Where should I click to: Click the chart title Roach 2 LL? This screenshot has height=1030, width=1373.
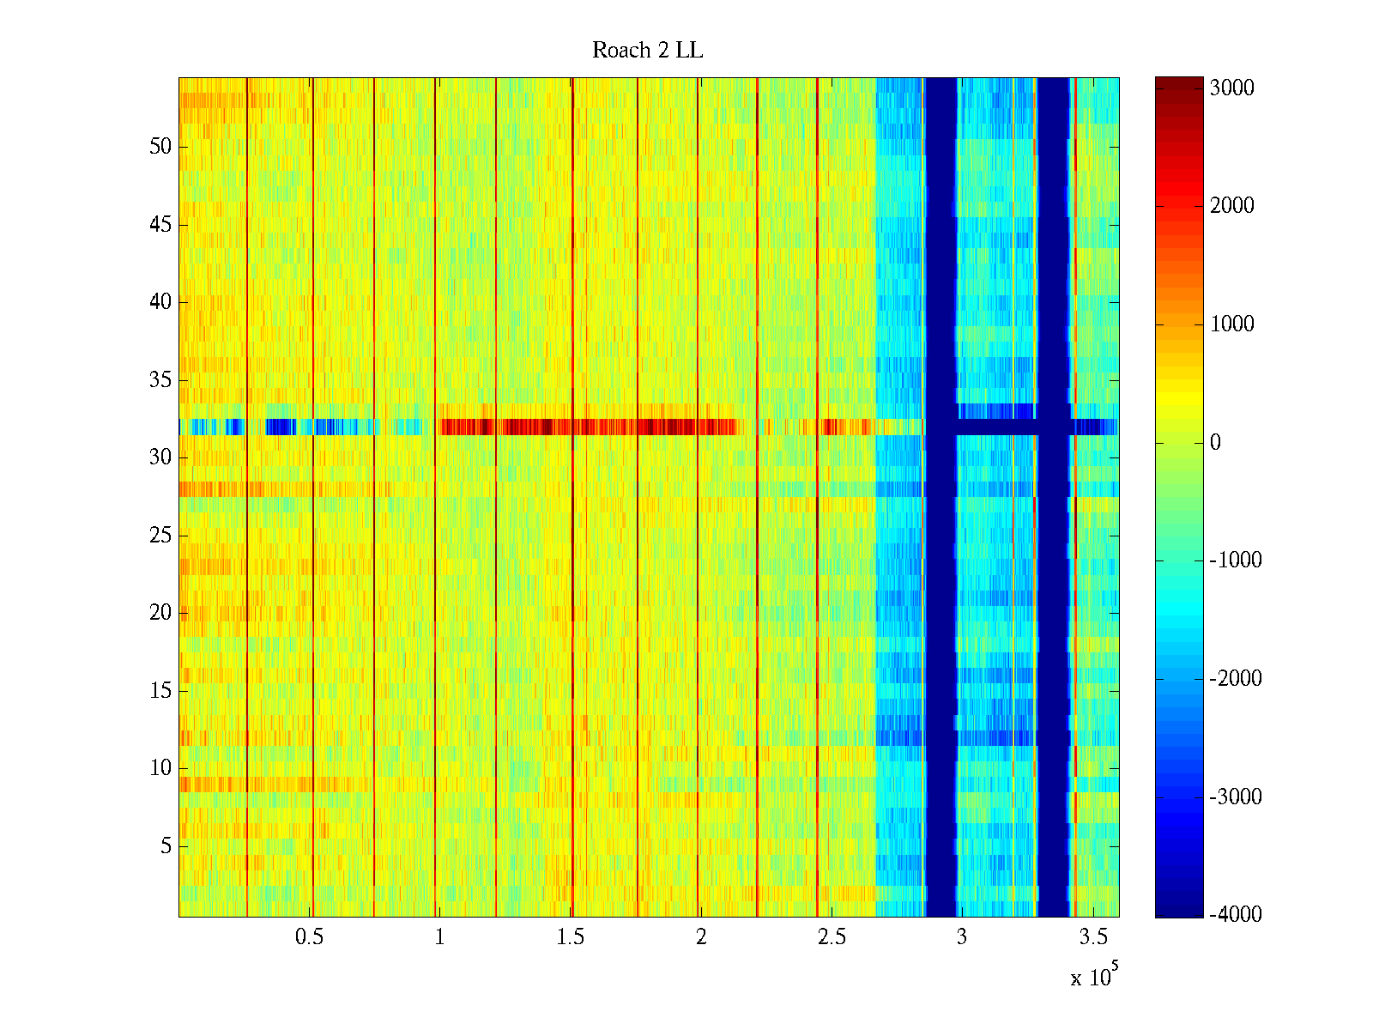(647, 51)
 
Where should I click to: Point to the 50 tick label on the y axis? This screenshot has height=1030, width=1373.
(160, 147)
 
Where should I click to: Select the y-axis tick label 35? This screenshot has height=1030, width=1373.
(160, 380)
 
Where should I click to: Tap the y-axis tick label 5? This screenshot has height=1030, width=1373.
(166, 846)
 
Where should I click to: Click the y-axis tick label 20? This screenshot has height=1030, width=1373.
(160, 613)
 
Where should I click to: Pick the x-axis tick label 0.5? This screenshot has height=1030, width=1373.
(309, 937)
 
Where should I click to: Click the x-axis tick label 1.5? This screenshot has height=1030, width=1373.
(571, 937)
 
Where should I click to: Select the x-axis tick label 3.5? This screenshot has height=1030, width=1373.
(1092, 937)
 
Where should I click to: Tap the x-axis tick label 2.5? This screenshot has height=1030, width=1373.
(832, 937)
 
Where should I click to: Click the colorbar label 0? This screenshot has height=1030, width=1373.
(1215, 443)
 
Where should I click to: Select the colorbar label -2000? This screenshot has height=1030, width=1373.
(1231, 679)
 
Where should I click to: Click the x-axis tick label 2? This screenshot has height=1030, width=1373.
(701, 937)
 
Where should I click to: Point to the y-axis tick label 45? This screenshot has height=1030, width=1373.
(160, 225)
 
